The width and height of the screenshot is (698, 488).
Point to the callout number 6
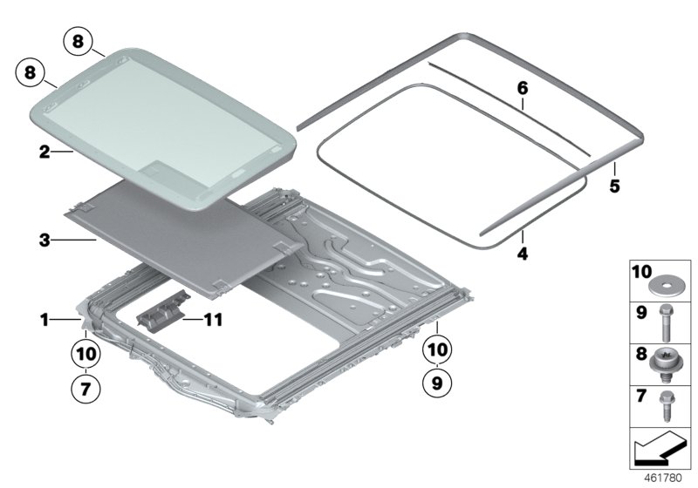coord(523,88)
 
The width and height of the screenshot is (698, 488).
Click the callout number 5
coord(614,186)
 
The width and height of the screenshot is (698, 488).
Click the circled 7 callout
coord(86,389)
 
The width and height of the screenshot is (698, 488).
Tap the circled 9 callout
coord(440,382)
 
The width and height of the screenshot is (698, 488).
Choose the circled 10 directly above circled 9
coord(440,349)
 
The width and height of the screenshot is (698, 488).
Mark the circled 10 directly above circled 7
coord(86,355)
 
